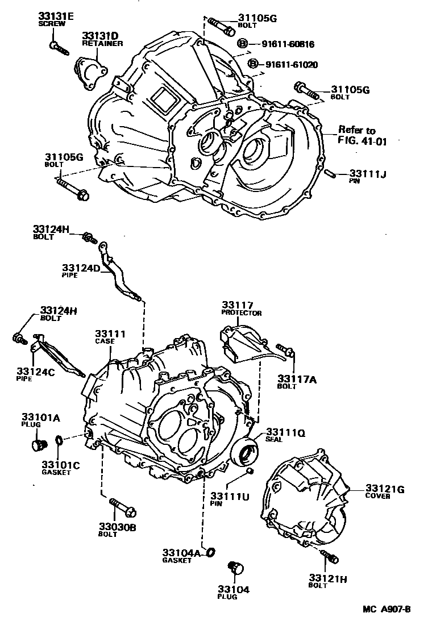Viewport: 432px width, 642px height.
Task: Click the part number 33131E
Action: [x=55, y=16]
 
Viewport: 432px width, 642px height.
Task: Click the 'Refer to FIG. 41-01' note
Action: [x=363, y=136]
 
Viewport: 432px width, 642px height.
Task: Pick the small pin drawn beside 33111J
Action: [x=330, y=173]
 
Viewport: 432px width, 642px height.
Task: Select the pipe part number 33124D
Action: [x=81, y=266]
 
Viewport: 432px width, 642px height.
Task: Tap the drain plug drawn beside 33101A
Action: [x=40, y=444]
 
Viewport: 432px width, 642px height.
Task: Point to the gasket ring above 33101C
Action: [x=59, y=440]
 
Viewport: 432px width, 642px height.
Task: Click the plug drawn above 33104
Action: [x=234, y=568]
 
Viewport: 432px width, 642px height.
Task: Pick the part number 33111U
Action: [x=230, y=496]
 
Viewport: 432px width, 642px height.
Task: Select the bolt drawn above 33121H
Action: [x=330, y=557]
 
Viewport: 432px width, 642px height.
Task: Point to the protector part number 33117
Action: [x=238, y=305]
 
